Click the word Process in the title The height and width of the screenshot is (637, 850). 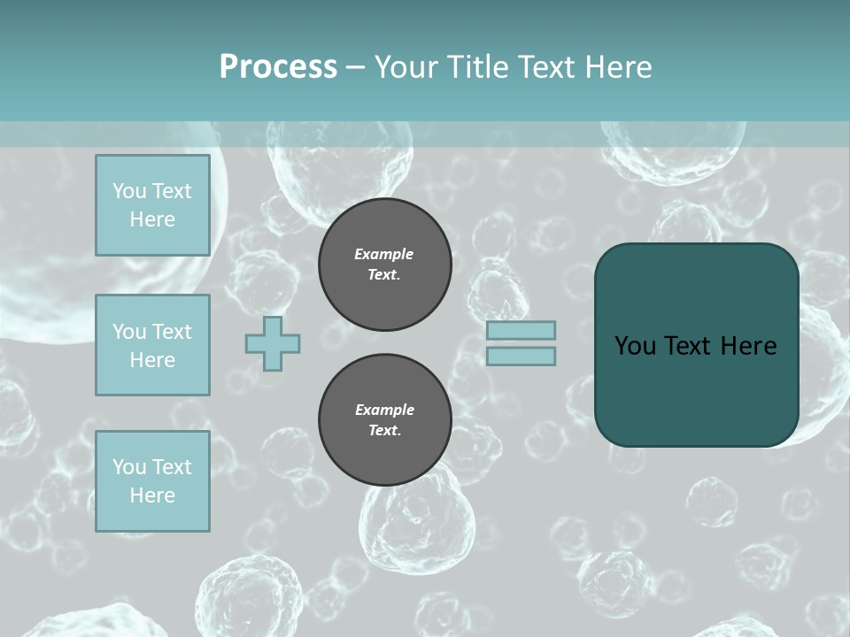(278, 67)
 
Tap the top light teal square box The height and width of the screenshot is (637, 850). (152, 205)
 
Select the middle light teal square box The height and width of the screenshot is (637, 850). (152, 345)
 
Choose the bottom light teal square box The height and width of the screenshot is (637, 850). (152, 481)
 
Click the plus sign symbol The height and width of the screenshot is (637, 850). (273, 343)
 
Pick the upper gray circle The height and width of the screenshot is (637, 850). (384, 264)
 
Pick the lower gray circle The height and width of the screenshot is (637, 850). (384, 419)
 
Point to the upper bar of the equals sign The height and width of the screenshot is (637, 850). (521, 330)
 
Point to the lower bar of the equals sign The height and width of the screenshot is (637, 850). (521, 356)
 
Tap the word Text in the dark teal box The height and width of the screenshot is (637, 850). (692, 346)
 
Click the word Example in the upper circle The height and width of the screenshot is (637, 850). (384, 254)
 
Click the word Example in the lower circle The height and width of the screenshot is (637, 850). (384, 410)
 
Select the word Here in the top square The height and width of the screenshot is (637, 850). (152, 219)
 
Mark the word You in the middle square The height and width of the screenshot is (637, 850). (128, 332)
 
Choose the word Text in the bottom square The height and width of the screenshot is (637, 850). (171, 467)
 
